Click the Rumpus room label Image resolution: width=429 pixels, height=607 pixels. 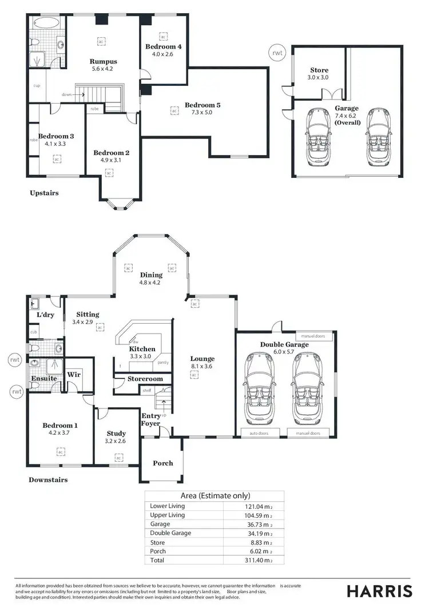[103, 61]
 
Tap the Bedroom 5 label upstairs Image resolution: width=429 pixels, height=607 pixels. [202, 105]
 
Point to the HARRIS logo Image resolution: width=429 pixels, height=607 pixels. [380, 590]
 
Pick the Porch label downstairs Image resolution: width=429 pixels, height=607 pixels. [163, 463]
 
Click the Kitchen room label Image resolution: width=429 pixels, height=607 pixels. [142, 349]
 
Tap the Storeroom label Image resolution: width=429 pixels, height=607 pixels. [145, 379]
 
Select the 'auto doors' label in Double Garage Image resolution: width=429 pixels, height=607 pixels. [259, 434]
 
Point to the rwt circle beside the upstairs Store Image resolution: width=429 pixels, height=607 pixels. [276, 54]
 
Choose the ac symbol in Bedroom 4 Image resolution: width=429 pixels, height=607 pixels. [163, 35]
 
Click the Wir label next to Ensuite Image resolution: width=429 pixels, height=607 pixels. [74, 374]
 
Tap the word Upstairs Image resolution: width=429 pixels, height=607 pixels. [44, 193]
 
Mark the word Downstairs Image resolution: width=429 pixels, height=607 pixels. [48, 479]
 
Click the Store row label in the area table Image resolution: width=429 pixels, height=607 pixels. [157, 542]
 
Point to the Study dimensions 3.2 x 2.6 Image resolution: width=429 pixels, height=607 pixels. [116, 441]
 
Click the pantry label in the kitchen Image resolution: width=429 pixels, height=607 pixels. [162, 362]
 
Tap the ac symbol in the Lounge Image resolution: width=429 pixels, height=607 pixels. [194, 375]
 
